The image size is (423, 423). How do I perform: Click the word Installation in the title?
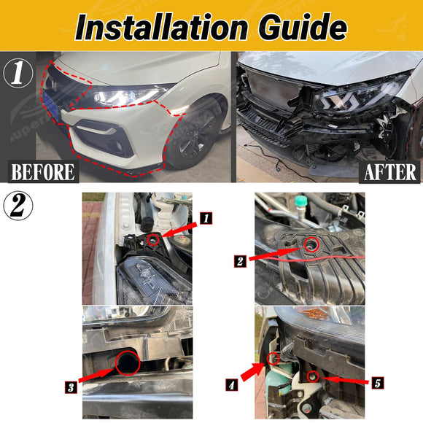[x=161, y=26]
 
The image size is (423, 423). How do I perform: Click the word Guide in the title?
[x=303, y=26]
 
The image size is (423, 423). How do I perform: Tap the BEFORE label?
[x=43, y=171]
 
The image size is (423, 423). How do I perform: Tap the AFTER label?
[x=389, y=172]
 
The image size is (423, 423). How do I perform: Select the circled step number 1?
[x=18, y=73]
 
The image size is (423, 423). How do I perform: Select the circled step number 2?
[x=18, y=206]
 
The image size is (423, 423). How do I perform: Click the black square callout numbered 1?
[x=206, y=218]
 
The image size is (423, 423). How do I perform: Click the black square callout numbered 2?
[x=240, y=261]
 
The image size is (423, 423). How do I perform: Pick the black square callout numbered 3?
[x=71, y=387]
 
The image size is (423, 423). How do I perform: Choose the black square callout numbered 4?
[x=232, y=384]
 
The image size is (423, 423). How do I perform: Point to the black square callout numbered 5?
[x=377, y=383]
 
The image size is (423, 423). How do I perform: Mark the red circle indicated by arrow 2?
[x=311, y=238]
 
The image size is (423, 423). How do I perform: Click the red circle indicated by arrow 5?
[x=313, y=371]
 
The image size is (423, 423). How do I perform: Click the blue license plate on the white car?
[x=50, y=106]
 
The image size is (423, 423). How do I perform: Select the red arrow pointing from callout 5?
[x=345, y=380]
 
